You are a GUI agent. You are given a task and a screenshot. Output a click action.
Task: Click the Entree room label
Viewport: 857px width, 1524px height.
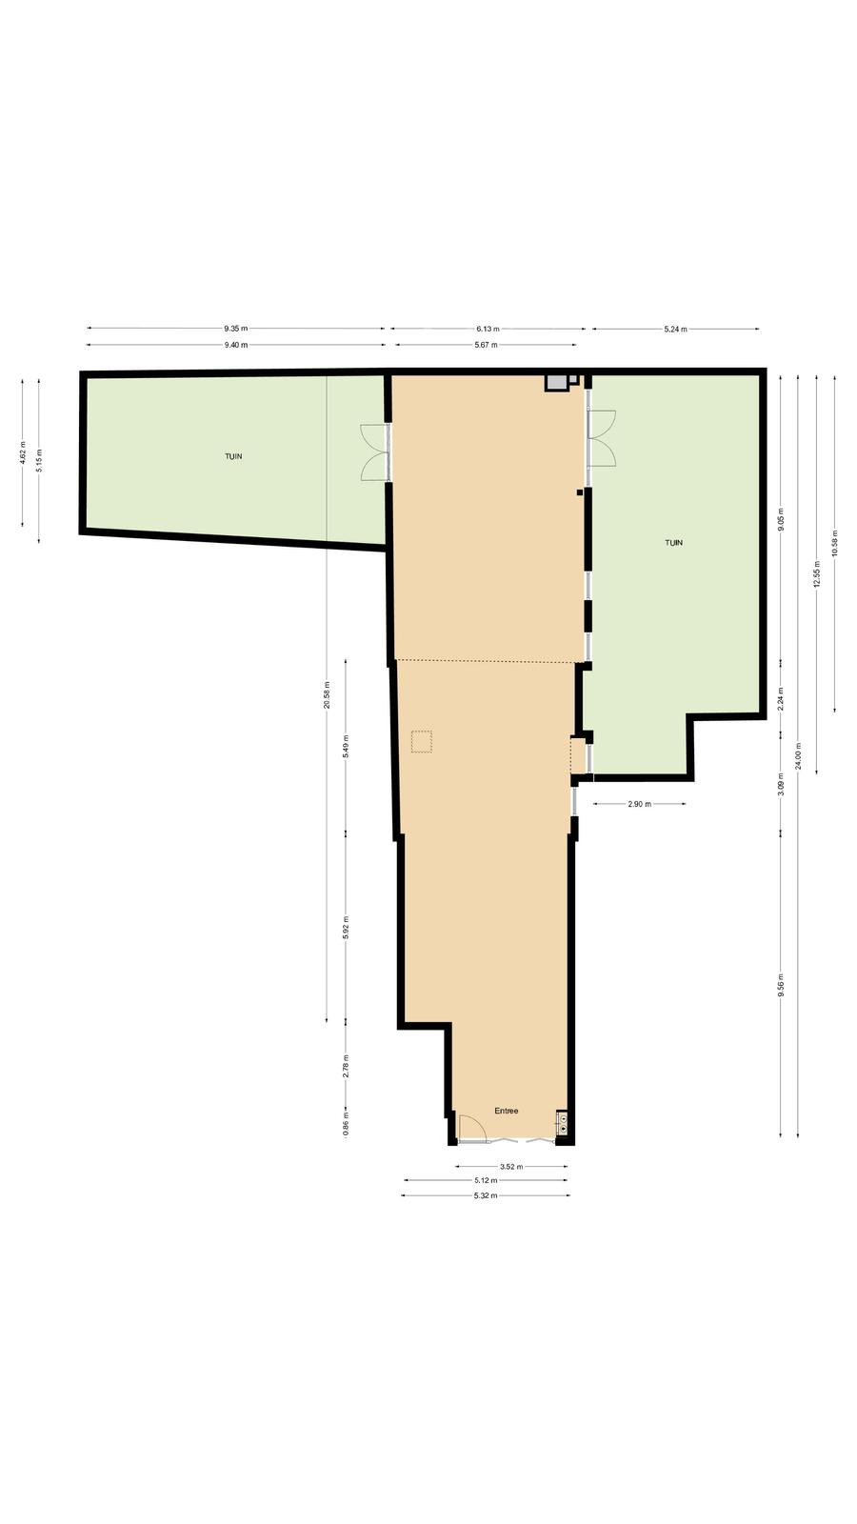tap(506, 1111)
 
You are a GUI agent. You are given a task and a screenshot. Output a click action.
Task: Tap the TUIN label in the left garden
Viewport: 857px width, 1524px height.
tap(233, 456)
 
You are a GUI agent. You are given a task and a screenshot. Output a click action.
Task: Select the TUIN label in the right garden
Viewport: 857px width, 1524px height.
tap(673, 542)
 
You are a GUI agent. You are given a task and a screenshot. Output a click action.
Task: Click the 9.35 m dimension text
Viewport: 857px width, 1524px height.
tap(236, 329)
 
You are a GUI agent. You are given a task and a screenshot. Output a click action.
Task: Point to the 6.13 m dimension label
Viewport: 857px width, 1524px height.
tap(487, 329)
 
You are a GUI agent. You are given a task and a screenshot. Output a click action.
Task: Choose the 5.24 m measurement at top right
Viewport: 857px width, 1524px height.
tap(675, 330)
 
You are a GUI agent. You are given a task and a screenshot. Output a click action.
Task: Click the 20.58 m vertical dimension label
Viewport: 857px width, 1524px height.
tap(328, 694)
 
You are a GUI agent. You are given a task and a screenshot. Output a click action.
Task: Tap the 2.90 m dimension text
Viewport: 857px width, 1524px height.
tap(639, 804)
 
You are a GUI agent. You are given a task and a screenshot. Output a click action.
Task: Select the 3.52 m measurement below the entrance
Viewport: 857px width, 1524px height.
tap(511, 1166)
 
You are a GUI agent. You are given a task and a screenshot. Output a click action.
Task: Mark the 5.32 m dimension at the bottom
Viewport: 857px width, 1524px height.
tap(485, 1195)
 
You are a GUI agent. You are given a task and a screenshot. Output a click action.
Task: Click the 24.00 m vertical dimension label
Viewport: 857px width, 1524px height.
tap(799, 756)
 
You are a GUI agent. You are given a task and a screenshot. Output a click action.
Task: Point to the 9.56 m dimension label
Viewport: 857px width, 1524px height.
tap(782, 985)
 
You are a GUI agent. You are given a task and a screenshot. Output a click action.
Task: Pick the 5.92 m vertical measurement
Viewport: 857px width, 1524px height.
tap(346, 928)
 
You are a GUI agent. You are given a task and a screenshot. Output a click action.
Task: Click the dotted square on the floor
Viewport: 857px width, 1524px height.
tap(422, 742)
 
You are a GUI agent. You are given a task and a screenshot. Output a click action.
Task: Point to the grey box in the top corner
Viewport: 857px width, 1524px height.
tap(556, 382)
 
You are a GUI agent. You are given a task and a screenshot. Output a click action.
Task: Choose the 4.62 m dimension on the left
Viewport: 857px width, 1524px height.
tap(23, 452)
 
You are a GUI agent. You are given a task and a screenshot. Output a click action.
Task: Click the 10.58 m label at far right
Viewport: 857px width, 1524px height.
tap(835, 543)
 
